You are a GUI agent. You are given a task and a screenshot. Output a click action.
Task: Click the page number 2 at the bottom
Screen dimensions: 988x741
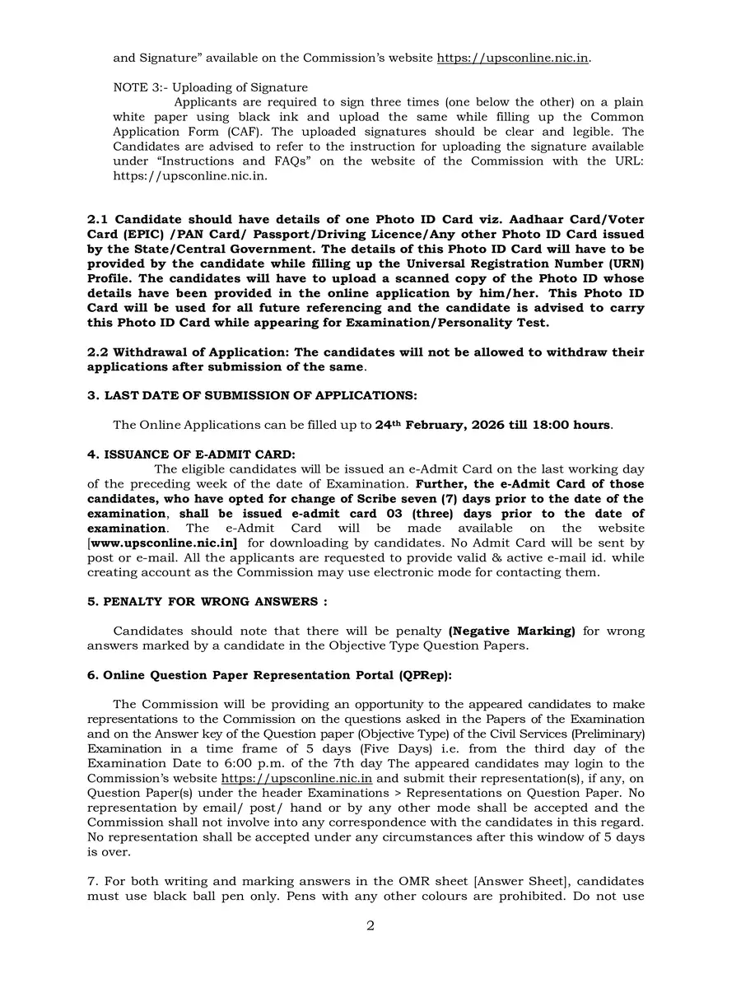point(370,926)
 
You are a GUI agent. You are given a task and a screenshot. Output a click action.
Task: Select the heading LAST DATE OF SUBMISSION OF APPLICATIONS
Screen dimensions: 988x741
point(260,395)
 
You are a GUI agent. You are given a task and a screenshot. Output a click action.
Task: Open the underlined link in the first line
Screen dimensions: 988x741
point(512,58)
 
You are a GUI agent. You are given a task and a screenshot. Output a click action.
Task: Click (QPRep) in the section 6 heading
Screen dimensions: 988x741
point(425,675)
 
